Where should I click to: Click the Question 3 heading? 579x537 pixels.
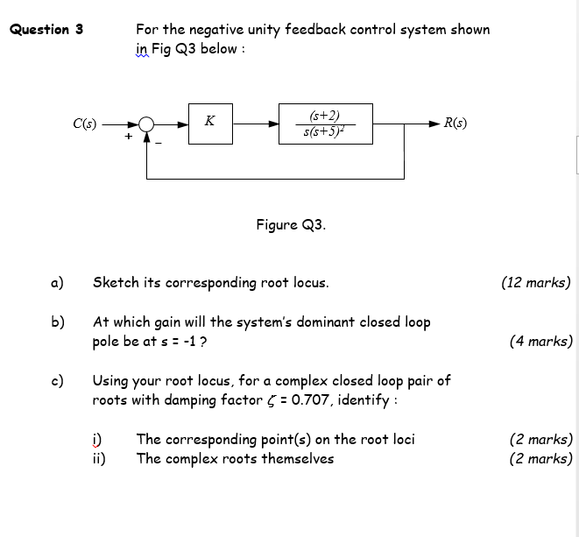[46, 29]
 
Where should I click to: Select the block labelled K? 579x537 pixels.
[210, 124]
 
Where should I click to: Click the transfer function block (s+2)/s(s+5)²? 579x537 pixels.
[325, 124]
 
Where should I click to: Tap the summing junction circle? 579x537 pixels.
[147, 124]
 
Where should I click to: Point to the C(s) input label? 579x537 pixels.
[86, 123]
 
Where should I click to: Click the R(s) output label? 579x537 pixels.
[455, 123]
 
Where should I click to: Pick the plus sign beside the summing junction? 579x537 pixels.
[129, 137]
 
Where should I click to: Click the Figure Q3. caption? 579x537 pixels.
[291, 224]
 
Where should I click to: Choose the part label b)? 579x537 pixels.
[58, 321]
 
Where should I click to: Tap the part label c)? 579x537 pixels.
[58, 380]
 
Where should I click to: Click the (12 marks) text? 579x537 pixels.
[535, 282]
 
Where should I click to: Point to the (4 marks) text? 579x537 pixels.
[540, 342]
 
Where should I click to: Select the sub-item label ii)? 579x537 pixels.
[99, 458]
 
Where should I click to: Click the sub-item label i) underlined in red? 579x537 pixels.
[97, 439]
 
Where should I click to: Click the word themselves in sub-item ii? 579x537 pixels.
[296, 458]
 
